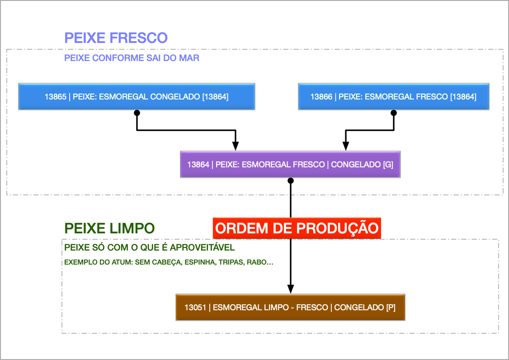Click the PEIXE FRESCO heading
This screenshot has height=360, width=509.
[x=116, y=38]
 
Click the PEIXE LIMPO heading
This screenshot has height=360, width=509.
[x=109, y=228]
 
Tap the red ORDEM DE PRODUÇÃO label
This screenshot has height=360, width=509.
[x=297, y=228]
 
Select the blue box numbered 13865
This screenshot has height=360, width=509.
[x=137, y=96]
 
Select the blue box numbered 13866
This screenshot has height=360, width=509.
[x=393, y=96]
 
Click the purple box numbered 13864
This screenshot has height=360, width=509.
[x=290, y=165]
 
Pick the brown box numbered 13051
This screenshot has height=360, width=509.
[x=290, y=308]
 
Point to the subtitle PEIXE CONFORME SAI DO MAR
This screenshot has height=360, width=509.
[x=132, y=58]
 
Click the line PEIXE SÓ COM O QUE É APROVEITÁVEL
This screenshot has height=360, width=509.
[x=150, y=248]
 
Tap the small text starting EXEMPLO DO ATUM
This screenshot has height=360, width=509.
[x=169, y=262]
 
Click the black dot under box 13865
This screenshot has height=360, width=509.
[x=137, y=113]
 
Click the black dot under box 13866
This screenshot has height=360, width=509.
[x=393, y=113]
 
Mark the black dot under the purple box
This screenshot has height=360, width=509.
[x=291, y=180]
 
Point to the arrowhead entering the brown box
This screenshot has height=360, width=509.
[x=291, y=289]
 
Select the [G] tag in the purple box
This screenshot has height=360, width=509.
[x=388, y=165]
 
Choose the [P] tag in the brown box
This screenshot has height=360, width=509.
[x=391, y=308]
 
